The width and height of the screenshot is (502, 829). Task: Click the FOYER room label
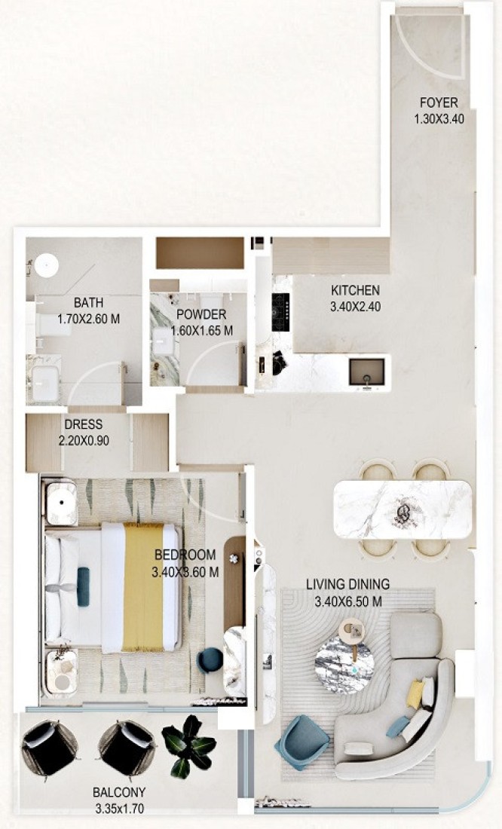pos(439,102)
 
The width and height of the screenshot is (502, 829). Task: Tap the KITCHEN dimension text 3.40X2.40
pos(355,307)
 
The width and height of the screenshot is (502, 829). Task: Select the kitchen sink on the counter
pos(366,372)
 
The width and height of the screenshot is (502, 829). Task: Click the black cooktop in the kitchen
pos(281,312)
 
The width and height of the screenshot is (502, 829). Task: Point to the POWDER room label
pos(201,314)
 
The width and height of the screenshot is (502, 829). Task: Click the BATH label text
pos(88,303)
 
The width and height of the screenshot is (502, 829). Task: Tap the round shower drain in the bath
pos(47,265)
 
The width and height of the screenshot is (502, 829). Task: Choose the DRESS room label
pos(84,424)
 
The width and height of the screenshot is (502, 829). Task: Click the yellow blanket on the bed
pos(142,587)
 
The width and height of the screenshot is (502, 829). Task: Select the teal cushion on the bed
pos(83,586)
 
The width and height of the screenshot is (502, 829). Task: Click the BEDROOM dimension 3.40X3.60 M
pos(185,572)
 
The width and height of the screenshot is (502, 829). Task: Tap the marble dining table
pos(403,509)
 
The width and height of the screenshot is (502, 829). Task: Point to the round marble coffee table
pos(344,662)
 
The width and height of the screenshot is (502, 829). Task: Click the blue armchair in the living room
pos(295,742)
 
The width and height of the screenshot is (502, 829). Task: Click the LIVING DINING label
pos(348,584)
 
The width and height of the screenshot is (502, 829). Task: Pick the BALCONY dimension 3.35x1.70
pos(120,809)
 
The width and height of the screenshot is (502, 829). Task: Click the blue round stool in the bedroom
pos(210,660)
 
